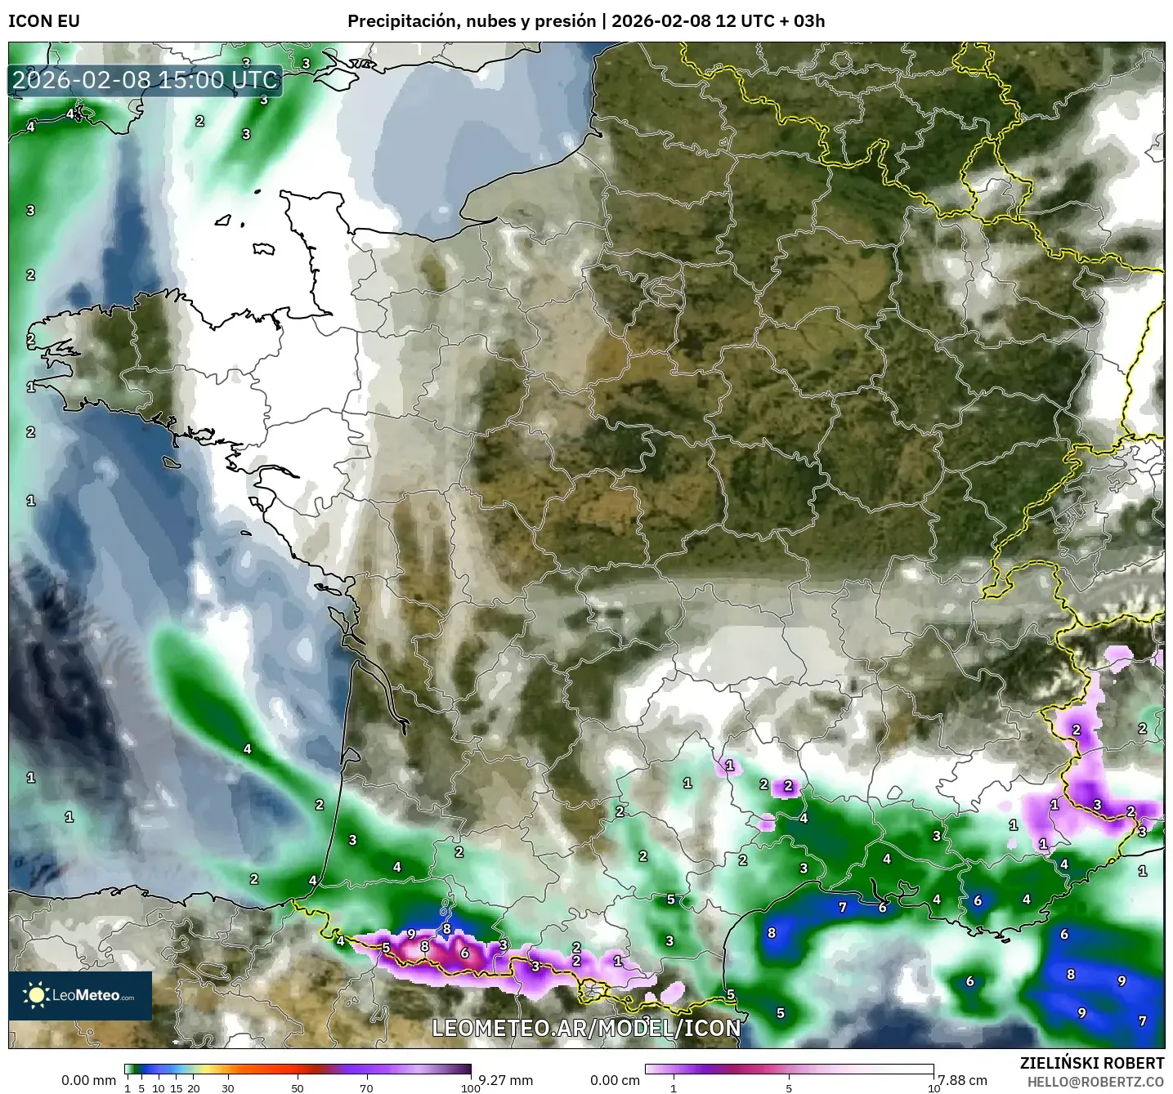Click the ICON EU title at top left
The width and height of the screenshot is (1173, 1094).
click(44, 21)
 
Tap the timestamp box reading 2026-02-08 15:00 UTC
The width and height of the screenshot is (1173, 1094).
click(146, 80)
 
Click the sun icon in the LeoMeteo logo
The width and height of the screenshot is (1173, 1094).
click(36, 995)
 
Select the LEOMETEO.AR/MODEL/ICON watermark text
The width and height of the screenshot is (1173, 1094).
click(586, 1027)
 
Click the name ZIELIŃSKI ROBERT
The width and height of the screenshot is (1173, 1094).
click(1092, 1063)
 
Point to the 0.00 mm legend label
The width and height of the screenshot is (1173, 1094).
click(88, 1080)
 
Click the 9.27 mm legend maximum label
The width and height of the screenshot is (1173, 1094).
click(506, 1080)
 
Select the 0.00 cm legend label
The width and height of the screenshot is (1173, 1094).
click(614, 1080)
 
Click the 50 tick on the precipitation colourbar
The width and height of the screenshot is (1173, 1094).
click(297, 1087)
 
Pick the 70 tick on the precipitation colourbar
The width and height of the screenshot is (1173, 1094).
click(366, 1087)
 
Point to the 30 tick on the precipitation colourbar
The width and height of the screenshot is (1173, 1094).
click(228, 1087)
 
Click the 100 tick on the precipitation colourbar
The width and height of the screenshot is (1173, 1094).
click(470, 1087)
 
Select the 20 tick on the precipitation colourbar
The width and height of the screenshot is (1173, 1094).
click(194, 1087)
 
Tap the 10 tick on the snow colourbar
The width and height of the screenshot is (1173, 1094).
click(933, 1087)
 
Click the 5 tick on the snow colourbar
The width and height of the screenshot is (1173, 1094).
click(789, 1087)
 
